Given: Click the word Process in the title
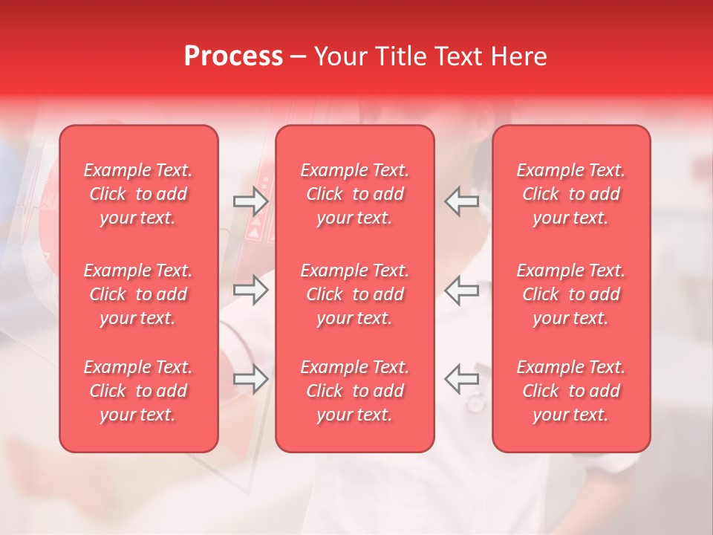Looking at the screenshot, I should pyautogui.click(x=233, y=56).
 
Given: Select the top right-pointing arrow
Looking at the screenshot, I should pyautogui.click(x=250, y=201).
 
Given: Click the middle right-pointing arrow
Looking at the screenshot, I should pyautogui.click(x=250, y=290).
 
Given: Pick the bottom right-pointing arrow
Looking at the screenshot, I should pyautogui.click(x=250, y=379).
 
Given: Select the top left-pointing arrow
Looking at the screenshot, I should pyautogui.click(x=461, y=201).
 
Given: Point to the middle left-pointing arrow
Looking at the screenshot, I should pyautogui.click(x=461, y=290).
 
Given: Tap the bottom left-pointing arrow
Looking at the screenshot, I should pyautogui.click(x=461, y=379).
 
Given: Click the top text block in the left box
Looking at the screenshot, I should pyautogui.click(x=138, y=194).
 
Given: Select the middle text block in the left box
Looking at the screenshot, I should pyautogui.click(x=138, y=294).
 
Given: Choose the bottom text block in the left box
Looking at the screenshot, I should pyautogui.click(x=138, y=391).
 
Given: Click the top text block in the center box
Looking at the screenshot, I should pyautogui.click(x=354, y=194).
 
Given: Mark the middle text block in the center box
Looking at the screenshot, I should pyautogui.click(x=354, y=294).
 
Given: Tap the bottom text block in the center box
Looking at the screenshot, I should pyautogui.click(x=354, y=391).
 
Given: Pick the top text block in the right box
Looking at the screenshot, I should pyautogui.click(x=570, y=194).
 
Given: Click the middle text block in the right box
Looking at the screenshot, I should pyautogui.click(x=570, y=294).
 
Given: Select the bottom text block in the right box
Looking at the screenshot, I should pyautogui.click(x=570, y=391).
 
